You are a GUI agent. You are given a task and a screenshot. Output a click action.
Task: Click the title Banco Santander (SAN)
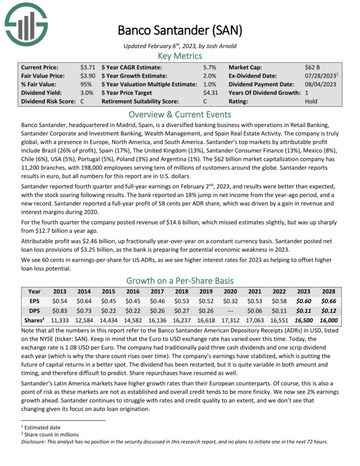[x=179, y=30]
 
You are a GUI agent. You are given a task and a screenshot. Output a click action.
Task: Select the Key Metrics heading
[x=179, y=56]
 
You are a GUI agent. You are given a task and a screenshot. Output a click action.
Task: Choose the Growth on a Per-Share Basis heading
[x=179, y=280]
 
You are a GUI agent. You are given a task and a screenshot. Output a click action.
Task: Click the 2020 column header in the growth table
[x=230, y=292]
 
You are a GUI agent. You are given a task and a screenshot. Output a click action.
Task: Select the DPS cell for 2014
[x=85, y=311]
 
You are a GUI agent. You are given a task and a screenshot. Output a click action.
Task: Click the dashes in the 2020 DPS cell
[x=230, y=311]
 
